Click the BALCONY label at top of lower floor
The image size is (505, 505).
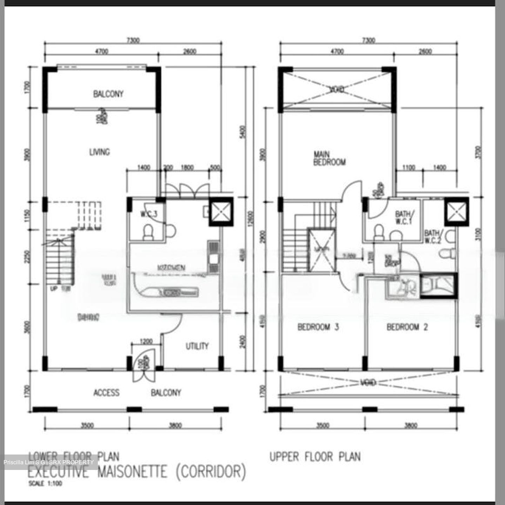click(x=108, y=94)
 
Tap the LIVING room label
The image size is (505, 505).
click(x=99, y=152)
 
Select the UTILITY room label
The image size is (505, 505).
click(x=197, y=346)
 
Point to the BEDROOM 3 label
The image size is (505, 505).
click(x=318, y=327)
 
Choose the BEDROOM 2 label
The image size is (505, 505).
click(x=407, y=327)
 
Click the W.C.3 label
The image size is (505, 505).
click(x=149, y=214)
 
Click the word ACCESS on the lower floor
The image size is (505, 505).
click(x=106, y=392)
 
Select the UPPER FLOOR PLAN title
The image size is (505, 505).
click(x=315, y=457)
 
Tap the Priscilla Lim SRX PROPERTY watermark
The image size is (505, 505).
click(x=49, y=462)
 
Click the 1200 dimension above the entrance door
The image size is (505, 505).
click(x=146, y=341)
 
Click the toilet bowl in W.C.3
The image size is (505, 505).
click(x=148, y=232)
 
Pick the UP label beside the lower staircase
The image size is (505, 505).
click(x=53, y=289)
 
